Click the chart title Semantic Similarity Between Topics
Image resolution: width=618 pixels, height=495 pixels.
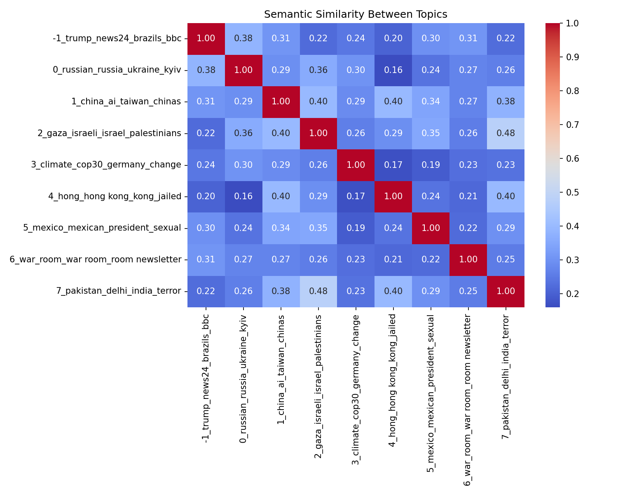(356, 14)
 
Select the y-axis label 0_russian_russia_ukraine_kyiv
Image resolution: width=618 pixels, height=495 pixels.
(117, 70)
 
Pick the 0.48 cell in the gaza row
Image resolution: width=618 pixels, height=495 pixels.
(506, 133)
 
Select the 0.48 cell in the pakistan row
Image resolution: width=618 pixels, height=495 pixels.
(318, 291)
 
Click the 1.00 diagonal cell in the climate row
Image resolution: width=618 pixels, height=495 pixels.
(356, 165)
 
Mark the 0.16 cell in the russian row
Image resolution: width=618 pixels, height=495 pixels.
(393, 70)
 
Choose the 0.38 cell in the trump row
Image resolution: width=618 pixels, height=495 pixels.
(243, 38)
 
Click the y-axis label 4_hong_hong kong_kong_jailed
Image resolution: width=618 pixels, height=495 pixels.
(115, 196)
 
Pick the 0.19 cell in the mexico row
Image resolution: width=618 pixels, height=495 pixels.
(356, 228)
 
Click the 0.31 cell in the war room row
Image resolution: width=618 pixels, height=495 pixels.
(206, 259)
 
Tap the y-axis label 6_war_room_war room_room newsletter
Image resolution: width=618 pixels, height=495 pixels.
(96, 259)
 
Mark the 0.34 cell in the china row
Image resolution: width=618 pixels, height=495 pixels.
(431, 101)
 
